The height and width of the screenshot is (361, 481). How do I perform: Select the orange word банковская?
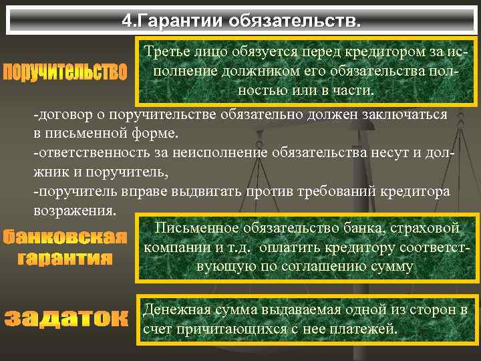(65, 237)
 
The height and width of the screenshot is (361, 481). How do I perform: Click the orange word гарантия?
(65, 258)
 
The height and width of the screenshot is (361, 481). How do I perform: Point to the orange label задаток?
(65, 318)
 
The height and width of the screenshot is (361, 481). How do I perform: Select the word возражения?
(75, 211)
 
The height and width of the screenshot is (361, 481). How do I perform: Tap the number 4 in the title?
(126, 21)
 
